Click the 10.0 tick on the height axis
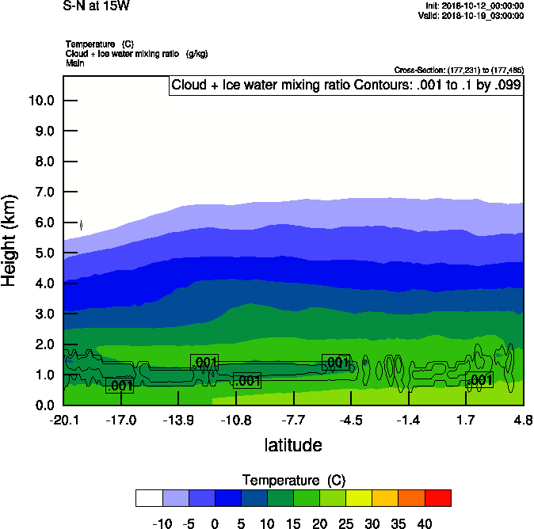40,101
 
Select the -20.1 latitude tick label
63,420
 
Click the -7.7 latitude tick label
293,420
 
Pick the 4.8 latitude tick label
523,420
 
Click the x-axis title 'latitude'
293,445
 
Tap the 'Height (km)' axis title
10,241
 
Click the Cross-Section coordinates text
459,70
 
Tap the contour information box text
346,86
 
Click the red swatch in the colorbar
438,498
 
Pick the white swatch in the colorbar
149,498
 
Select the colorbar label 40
424,523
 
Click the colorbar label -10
162,523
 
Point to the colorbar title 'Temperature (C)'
293,480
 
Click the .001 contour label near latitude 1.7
479,380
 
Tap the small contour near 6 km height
82,226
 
